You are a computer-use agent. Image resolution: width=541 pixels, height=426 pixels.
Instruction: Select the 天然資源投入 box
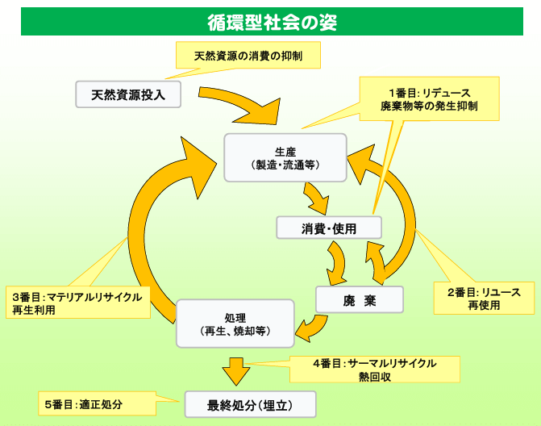(128, 94)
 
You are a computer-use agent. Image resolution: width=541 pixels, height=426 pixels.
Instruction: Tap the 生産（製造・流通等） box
(285, 158)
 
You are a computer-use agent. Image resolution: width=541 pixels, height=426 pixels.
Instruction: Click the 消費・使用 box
(328, 228)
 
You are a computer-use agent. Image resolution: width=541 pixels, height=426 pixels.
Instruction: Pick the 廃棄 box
(359, 300)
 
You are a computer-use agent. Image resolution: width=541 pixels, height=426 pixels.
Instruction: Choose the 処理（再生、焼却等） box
(235, 324)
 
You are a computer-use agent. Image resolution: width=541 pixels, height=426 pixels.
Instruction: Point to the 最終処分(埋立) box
(250, 403)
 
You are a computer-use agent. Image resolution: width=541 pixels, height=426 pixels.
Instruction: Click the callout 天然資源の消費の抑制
(248, 56)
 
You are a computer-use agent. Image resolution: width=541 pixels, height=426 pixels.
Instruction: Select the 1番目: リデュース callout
(429, 99)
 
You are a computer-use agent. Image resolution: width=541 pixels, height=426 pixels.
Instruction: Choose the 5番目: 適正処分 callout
(95, 403)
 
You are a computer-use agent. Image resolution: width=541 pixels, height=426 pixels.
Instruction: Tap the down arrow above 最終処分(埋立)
(236, 372)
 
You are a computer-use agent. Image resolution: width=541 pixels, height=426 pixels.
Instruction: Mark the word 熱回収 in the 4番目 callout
(375, 376)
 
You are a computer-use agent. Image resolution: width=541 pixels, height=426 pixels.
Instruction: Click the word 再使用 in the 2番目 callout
(484, 306)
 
